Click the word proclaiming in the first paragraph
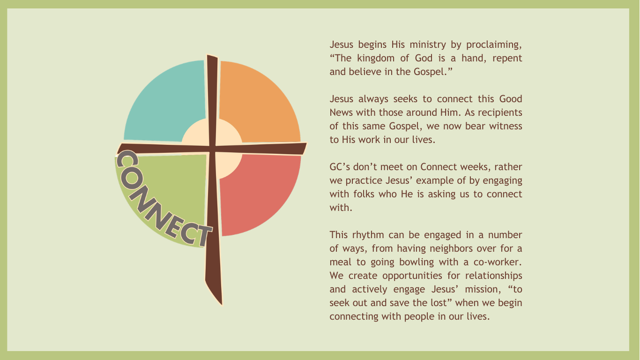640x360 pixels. coord(494,45)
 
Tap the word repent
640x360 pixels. coord(507,59)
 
